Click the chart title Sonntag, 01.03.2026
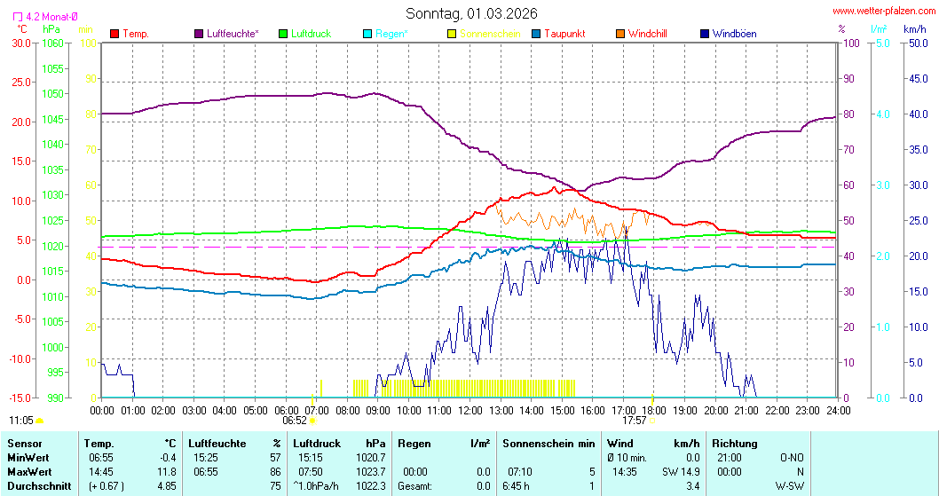471,13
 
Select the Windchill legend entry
647,34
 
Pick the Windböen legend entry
734,34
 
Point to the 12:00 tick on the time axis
469,410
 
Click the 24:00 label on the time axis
838,410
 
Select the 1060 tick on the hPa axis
53,43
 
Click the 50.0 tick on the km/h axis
917,43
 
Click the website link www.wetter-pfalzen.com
883,11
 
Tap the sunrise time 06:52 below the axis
295,421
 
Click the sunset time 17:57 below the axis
635,421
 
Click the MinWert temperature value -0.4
168,457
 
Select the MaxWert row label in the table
28,471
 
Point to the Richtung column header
735,443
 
